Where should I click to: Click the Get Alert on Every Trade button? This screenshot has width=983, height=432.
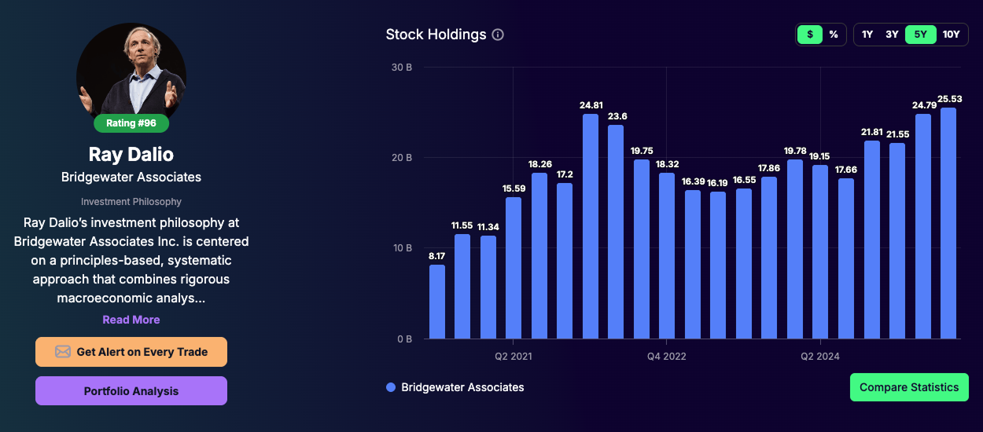[x=131, y=352]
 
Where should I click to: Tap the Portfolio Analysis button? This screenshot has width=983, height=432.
[x=131, y=391]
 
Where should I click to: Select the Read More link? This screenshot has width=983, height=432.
[x=131, y=320]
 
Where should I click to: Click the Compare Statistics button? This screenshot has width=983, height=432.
[x=909, y=387]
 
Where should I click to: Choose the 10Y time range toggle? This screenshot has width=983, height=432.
[x=951, y=35]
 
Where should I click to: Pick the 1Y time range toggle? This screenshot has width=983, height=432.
[x=867, y=35]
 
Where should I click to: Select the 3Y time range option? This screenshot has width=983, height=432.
[x=892, y=35]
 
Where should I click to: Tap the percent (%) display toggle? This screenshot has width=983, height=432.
[x=833, y=35]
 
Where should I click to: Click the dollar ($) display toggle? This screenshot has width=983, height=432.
[x=809, y=35]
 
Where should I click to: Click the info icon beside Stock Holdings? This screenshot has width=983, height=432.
[x=498, y=35]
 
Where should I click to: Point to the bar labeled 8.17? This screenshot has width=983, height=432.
[x=436, y=302]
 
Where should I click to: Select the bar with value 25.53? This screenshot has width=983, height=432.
[x=948, y=223]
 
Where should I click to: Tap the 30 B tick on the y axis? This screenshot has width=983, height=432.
[x=401, y=68]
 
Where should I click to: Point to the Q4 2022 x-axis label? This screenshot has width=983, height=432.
[x=666, y=357]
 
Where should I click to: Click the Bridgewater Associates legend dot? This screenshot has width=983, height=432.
[x=391, y=387]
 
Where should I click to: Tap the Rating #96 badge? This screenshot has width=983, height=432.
[x=131, y=123]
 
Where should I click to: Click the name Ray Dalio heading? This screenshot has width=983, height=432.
[x=131, y=154]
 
